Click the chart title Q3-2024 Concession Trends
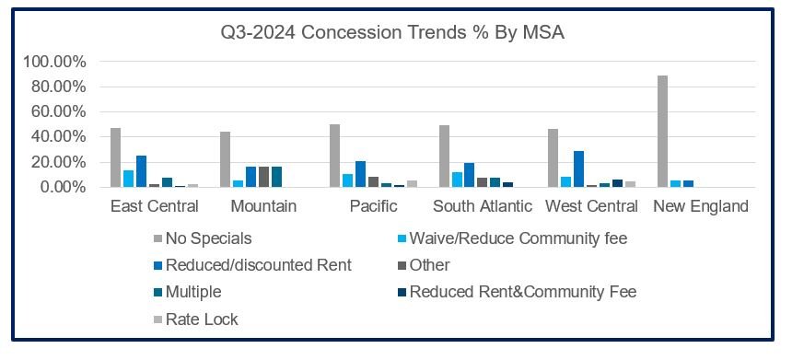tap(392, 33)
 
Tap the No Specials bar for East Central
tap(116, 157)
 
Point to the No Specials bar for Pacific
tap(335, 156)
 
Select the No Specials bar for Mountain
tap(226, 159)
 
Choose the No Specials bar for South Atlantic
tap(444, 157)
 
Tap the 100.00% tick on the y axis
tap(53, 62)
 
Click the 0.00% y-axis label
tap(61, 187)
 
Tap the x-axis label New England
tap(701, 206)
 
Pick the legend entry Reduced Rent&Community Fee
tap(535, 293)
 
